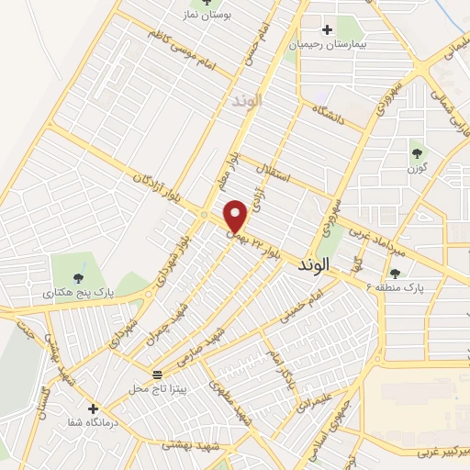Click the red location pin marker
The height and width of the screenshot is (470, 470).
point(236,216)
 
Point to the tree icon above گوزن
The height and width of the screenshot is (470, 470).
point(418,152)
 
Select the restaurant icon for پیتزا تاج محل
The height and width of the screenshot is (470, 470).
point(157,374)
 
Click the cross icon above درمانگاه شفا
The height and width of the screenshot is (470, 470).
point(93,408)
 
